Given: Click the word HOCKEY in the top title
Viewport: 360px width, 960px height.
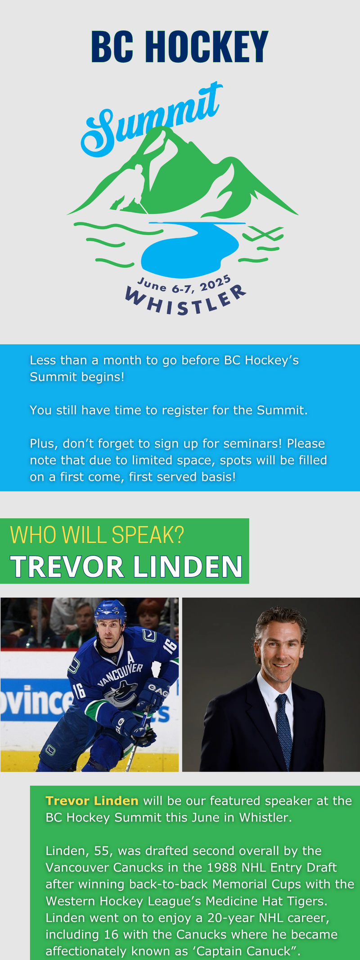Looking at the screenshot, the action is [x=207, y=47].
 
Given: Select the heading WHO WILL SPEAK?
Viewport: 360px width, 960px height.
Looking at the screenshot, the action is [x=97, y=535].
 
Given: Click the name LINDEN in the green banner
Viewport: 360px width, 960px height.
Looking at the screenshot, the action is [x=188, y=566].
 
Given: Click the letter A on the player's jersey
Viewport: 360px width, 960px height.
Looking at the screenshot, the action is [x=131, y=658].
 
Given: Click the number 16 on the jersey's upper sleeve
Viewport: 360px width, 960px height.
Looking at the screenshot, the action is [x=170, y=646].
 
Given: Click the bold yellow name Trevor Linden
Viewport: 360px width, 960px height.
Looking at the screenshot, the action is [x=92, y=801].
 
